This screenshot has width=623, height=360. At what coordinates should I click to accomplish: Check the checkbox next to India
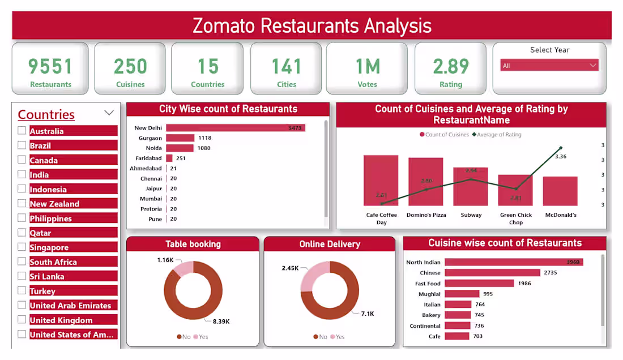(22, 174)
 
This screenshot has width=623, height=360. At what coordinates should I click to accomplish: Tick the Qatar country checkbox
(22, 233)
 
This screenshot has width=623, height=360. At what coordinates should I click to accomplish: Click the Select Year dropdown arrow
(593, 66)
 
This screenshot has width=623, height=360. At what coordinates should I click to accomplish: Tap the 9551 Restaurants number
(50, 67)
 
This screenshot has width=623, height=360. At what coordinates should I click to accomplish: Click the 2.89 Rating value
(451, 67)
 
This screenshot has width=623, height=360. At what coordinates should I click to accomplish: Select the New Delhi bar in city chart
(235, 128)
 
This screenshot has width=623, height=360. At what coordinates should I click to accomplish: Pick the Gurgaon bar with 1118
(180, 138)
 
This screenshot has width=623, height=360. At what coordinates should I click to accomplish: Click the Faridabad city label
(148, 158)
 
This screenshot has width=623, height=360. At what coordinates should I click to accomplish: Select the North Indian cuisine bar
(513, 262)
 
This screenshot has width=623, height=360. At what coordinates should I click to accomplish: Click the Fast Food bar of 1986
(479, 284)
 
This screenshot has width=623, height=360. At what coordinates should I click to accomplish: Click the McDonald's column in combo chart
(560, 191)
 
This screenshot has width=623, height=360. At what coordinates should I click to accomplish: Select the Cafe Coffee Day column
(381, 181)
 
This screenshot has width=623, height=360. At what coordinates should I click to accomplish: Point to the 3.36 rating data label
(560, 156)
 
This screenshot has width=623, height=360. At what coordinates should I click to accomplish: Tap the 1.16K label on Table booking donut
(165, 260)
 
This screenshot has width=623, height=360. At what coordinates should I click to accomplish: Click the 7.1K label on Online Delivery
(367, 314)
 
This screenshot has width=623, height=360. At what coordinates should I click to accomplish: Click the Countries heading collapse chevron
(109, 113)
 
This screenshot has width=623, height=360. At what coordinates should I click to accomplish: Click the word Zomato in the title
(224, 26)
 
